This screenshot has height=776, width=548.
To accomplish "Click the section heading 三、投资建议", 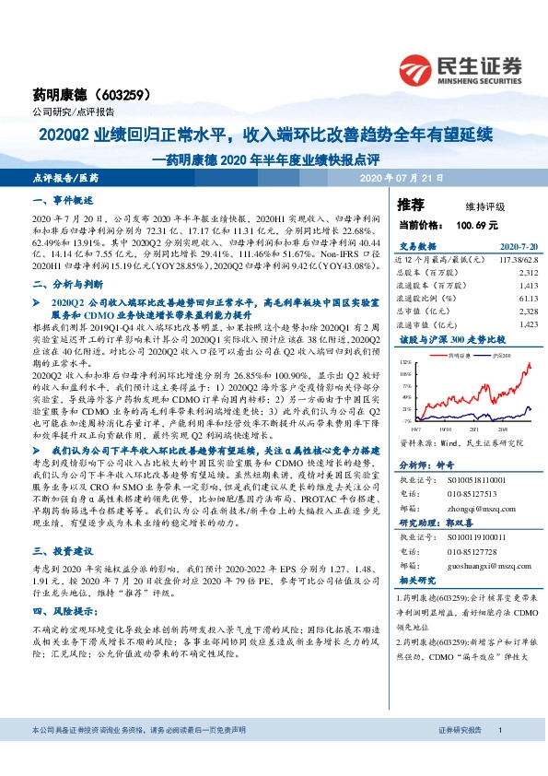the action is point(64,572).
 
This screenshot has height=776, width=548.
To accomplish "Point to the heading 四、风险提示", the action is point(64,635).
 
